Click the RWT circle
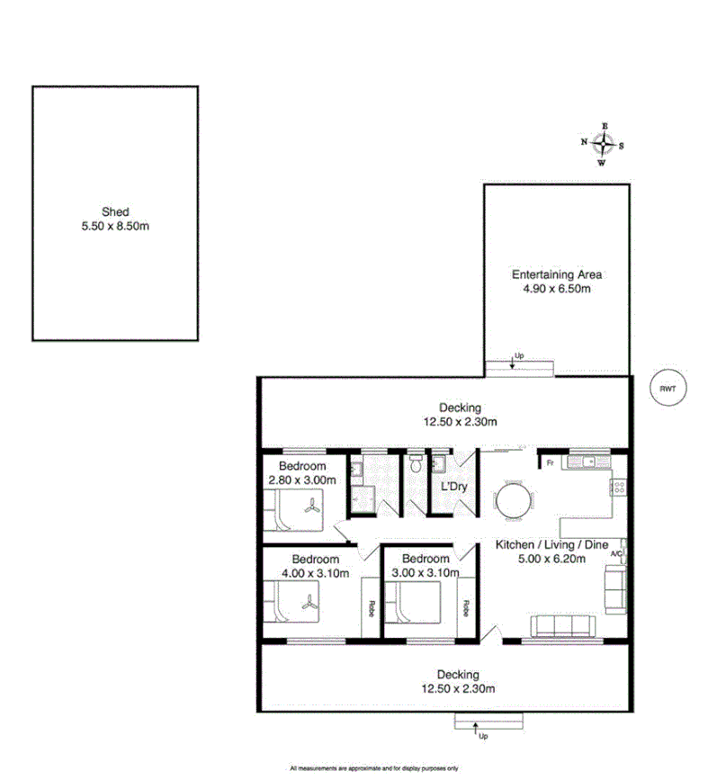tap(667, 389)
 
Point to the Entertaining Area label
tap(556, 274)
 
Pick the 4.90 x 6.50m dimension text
tap(556, 289)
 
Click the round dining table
tap(515, 501)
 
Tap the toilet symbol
tap(415, 464)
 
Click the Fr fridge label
tap(549, 462)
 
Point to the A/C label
tap(616, 554)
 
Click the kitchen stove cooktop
tap(619, 488)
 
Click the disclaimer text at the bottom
tap(374, 768)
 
